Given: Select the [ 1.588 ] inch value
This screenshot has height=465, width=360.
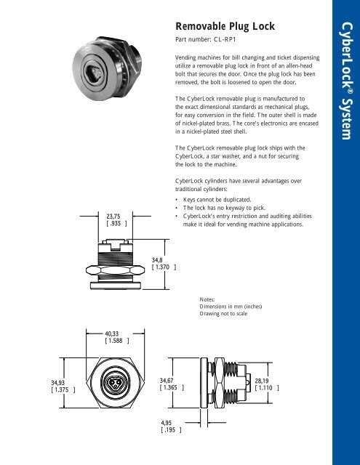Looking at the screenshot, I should [117, 339].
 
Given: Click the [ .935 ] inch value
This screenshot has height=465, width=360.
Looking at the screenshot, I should [116, 224].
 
